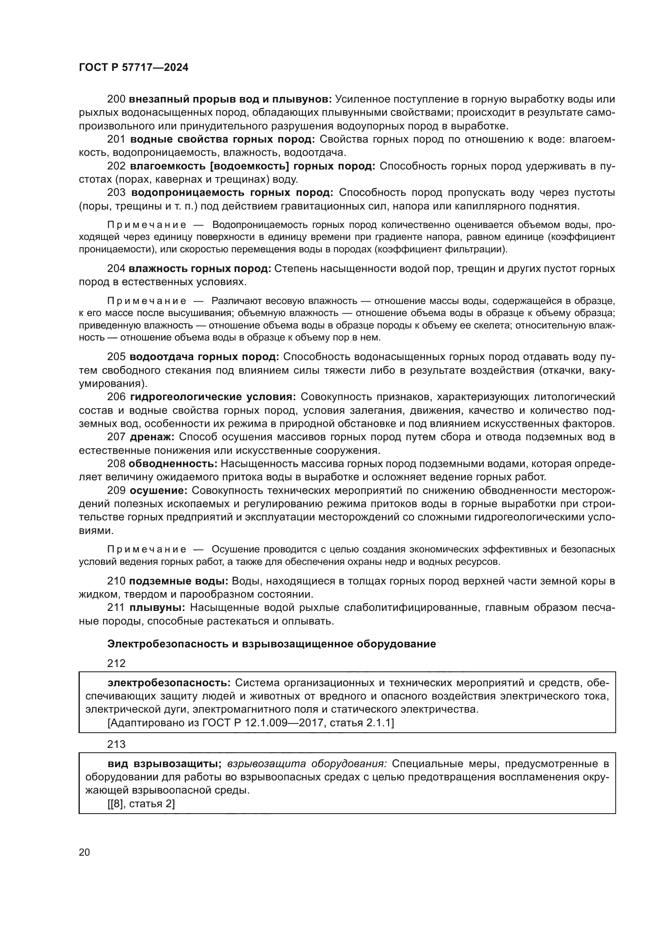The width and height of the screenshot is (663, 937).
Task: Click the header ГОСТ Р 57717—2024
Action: (133, 68)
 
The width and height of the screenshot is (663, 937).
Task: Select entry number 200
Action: (116, 99)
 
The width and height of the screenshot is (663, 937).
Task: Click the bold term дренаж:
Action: (152, 437)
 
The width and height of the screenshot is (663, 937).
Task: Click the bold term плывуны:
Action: (157, 608)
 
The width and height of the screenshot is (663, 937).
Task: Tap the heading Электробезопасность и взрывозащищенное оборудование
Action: (271, 644)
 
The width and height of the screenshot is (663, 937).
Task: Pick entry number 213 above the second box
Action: (116, 744)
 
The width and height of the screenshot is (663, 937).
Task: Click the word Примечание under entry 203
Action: (147, 225)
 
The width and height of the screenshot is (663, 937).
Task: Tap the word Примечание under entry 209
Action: (147, 550)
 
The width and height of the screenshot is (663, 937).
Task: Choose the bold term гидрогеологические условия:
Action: (213, 397)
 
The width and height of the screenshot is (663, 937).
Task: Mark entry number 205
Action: (116, 357)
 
